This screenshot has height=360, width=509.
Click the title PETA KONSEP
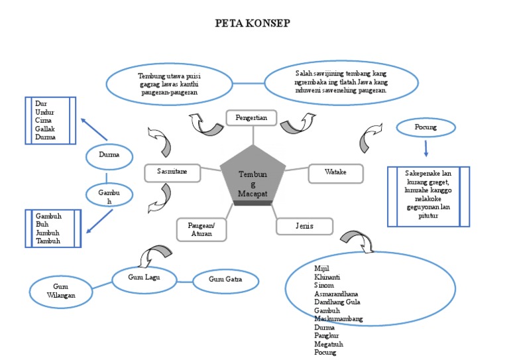coord(252,23)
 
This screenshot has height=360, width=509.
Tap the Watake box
coord(335,172)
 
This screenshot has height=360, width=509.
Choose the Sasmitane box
coord(172,172)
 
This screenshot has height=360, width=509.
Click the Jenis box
coord(304,226)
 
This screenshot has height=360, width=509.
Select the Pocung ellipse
coord(425,126)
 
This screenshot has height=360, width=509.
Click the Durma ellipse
coord(109,156)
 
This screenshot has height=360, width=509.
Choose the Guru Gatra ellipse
coord(225,280)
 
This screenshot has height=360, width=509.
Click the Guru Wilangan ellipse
coord(61,290)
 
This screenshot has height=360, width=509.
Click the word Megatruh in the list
coord(329,344)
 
